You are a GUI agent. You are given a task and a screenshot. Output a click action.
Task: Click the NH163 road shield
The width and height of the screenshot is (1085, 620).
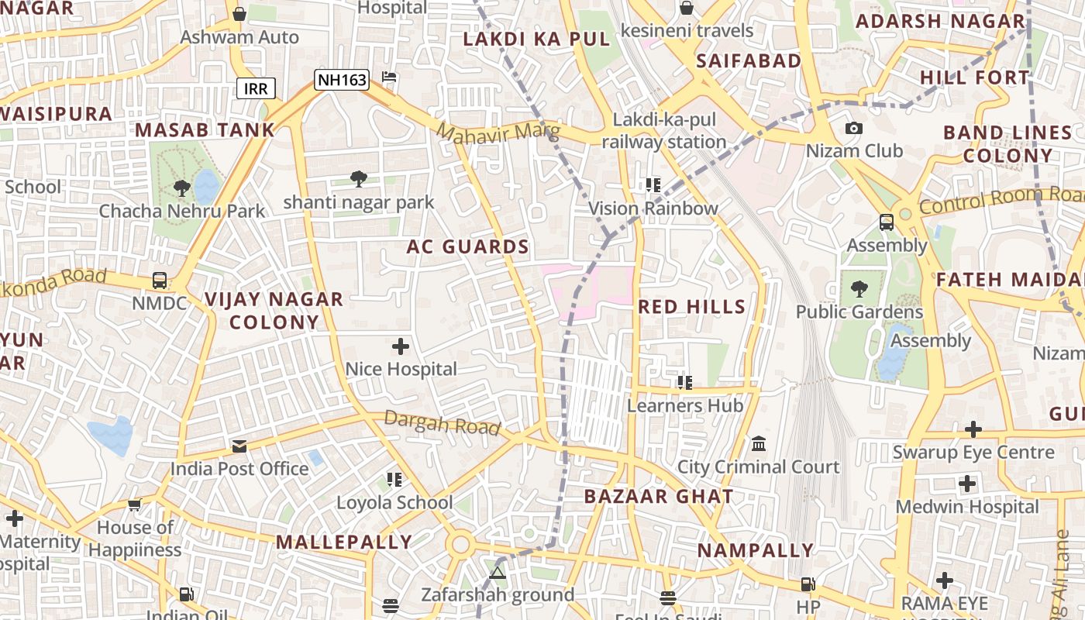click(x=341, y=79)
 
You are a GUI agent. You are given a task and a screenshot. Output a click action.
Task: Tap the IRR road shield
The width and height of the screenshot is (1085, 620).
click(x=256, y=88)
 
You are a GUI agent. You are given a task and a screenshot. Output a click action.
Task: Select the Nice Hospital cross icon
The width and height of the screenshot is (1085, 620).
click(x=401, y=346)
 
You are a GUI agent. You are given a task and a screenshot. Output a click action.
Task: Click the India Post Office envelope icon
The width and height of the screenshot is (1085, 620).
click(x=239, y=446)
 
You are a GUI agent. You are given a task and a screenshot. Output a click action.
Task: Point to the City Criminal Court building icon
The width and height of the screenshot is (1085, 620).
click(x=759, y=445)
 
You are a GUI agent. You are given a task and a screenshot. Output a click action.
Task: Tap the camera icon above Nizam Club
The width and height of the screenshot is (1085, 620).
click(x=853, y=128)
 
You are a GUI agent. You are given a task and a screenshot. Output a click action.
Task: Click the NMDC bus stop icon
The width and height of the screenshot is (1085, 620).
click(x=160, y=281)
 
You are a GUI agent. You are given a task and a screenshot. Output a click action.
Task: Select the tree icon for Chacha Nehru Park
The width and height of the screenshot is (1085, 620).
click(x=182, y=188)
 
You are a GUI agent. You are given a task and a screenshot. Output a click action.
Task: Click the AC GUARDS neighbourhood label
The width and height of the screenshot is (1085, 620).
click(x=467, y=247)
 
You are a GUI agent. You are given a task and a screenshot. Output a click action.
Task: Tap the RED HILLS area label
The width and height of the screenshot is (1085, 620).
click(x=691, y=307)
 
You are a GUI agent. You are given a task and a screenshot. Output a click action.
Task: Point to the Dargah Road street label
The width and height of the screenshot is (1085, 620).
click(x=443, y=423)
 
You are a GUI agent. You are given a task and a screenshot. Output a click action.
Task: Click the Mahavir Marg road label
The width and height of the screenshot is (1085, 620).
click(x=497, y=132)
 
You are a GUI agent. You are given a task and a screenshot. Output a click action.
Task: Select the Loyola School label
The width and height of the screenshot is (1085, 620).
click(x=394, y=502)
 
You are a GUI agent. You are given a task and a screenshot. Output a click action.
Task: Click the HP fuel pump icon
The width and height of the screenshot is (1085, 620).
click(x=808, y=584)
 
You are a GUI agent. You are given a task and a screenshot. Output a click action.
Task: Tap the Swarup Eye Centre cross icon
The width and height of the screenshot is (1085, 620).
click(x=973, y=429)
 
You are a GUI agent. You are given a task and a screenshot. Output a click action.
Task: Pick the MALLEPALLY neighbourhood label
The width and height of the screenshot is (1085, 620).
click(x=344, y=542)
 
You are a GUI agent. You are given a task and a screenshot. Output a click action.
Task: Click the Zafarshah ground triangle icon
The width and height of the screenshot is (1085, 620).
click(x=498, y=573)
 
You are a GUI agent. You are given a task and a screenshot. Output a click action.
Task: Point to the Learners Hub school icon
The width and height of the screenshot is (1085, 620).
click(x=684, y=382)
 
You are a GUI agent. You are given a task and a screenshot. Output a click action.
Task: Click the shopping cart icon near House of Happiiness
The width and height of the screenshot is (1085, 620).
click(x=134, y=505)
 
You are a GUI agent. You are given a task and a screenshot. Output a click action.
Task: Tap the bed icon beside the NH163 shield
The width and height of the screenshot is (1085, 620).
click(x=390, y=77)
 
